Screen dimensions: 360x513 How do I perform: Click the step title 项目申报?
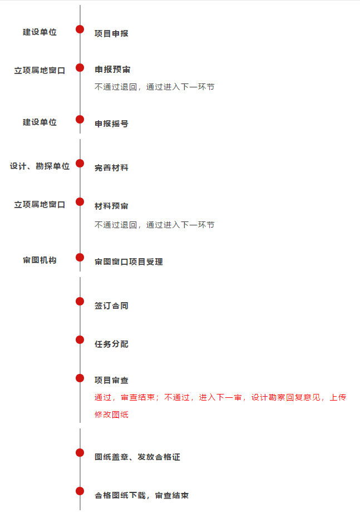111,34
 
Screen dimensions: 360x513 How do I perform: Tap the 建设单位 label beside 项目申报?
40,32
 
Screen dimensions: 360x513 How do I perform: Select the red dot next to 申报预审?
80,68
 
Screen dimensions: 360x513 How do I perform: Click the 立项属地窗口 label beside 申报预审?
40,70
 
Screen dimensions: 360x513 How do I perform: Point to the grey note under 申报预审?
155,87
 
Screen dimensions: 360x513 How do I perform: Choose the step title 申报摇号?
111,124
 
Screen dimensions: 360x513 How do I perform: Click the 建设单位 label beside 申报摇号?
40,122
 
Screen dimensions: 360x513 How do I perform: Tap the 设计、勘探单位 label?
40,166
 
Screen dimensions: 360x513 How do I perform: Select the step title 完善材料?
111,168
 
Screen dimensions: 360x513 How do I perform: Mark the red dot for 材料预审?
80,202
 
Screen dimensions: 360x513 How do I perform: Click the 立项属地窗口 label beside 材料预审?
40,205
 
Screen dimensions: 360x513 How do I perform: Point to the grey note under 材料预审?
155,225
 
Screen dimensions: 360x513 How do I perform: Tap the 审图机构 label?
40,260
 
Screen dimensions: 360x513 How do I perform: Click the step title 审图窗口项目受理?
129,262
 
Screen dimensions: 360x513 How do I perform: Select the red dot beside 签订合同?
80,302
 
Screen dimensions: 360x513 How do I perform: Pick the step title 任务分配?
111,344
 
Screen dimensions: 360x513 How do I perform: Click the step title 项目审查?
111,380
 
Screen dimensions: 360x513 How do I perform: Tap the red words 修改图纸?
111,415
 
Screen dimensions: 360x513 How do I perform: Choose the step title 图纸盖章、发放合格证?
137,457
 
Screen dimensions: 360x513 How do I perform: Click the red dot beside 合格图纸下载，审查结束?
80,491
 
